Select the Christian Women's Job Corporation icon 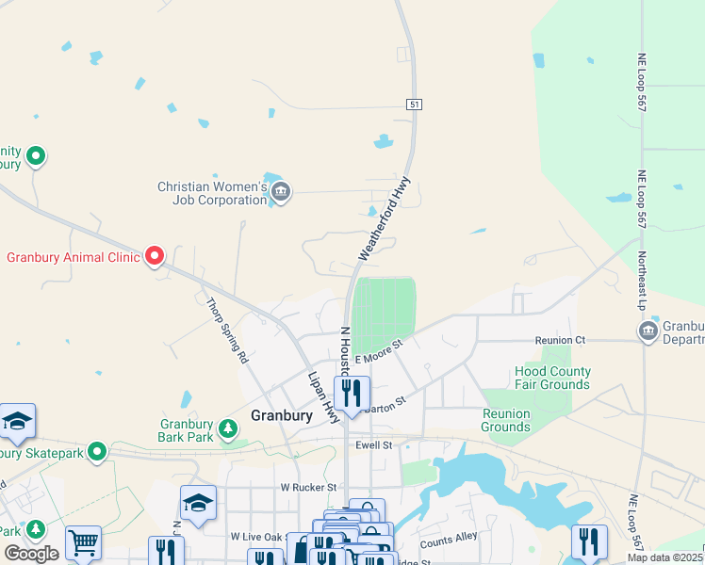coord(280,193)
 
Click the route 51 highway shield coord(414,104)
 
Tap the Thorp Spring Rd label coord(226,331)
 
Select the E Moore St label coord(378,352)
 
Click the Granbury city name coord(282,415)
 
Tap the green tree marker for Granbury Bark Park coord(227,429)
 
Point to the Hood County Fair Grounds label coord(552,378)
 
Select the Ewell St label coord(372,444)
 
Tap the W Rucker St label coord(308,487)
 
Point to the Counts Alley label coord(449,543)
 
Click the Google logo coord(31,553)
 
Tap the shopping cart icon coord(83,542)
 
